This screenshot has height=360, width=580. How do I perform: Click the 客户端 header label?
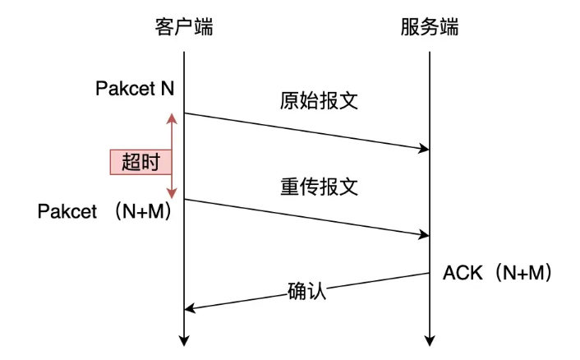coord(183,27)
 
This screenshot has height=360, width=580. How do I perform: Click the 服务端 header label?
coord(429,27)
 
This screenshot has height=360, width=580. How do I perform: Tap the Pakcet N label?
coord(135,88)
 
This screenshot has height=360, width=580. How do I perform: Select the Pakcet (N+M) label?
coord(109,211)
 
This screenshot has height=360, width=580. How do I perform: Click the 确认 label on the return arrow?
coord(307,290)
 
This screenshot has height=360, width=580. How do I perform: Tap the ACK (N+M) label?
coord(496,272)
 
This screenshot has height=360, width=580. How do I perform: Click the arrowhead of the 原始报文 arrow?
coord(425,149)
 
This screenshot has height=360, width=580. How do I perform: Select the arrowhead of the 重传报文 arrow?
coord(425,236)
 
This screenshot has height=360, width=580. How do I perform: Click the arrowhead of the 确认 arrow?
coord(189,309)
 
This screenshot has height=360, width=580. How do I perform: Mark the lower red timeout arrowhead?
coord(171,194)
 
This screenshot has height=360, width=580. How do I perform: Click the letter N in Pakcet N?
coord(167,88)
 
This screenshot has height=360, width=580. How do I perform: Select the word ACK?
coord(460,272)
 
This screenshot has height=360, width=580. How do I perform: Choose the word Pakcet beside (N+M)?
coord(67,211)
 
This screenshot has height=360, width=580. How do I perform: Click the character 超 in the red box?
coord(131,162)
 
